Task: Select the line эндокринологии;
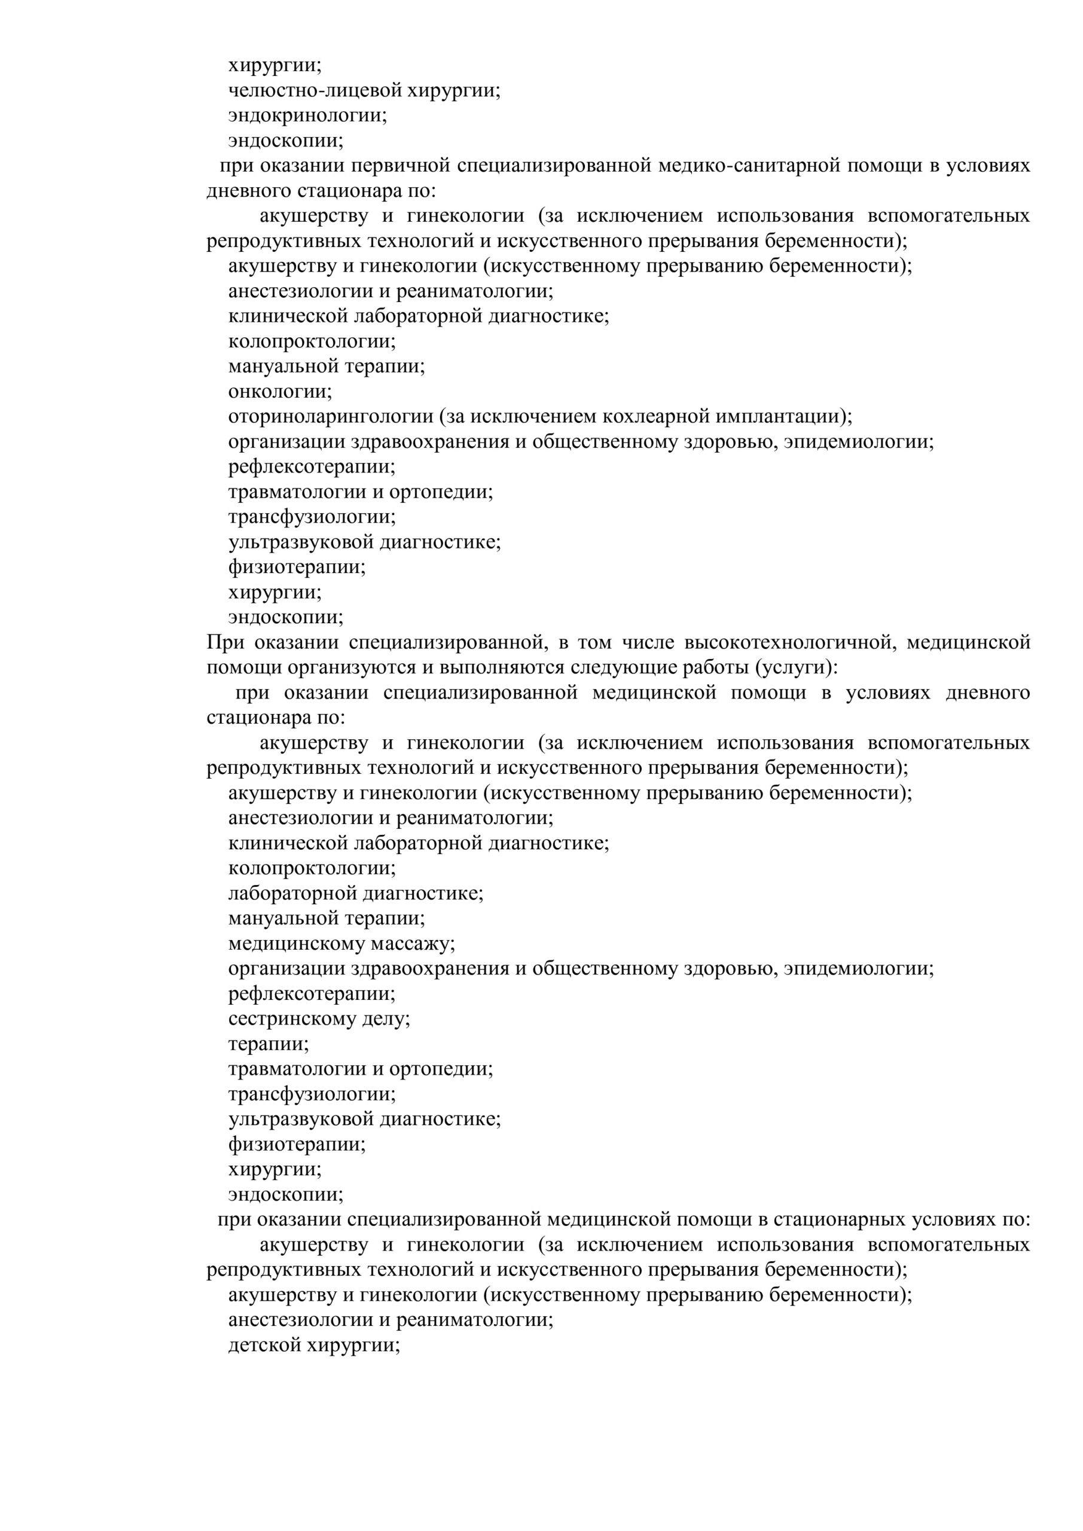(307, 116)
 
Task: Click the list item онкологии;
(280, 391)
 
